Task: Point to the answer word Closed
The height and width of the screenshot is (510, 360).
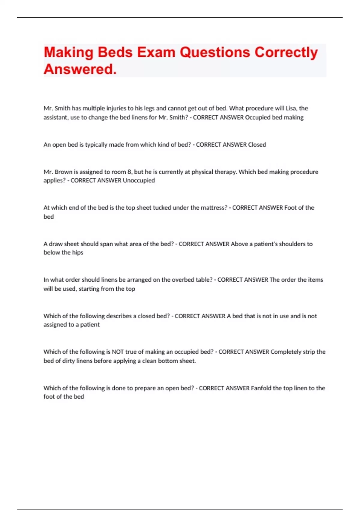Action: pyautogui.click(x=257, y=145)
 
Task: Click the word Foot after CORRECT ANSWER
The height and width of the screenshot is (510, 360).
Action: pyautogui.click(x=290, y=208)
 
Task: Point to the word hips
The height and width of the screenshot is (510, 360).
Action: pyautogui.click(x=77, y=252)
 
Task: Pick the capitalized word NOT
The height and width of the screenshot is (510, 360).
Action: pyautogui.click(x=118, y=352)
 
